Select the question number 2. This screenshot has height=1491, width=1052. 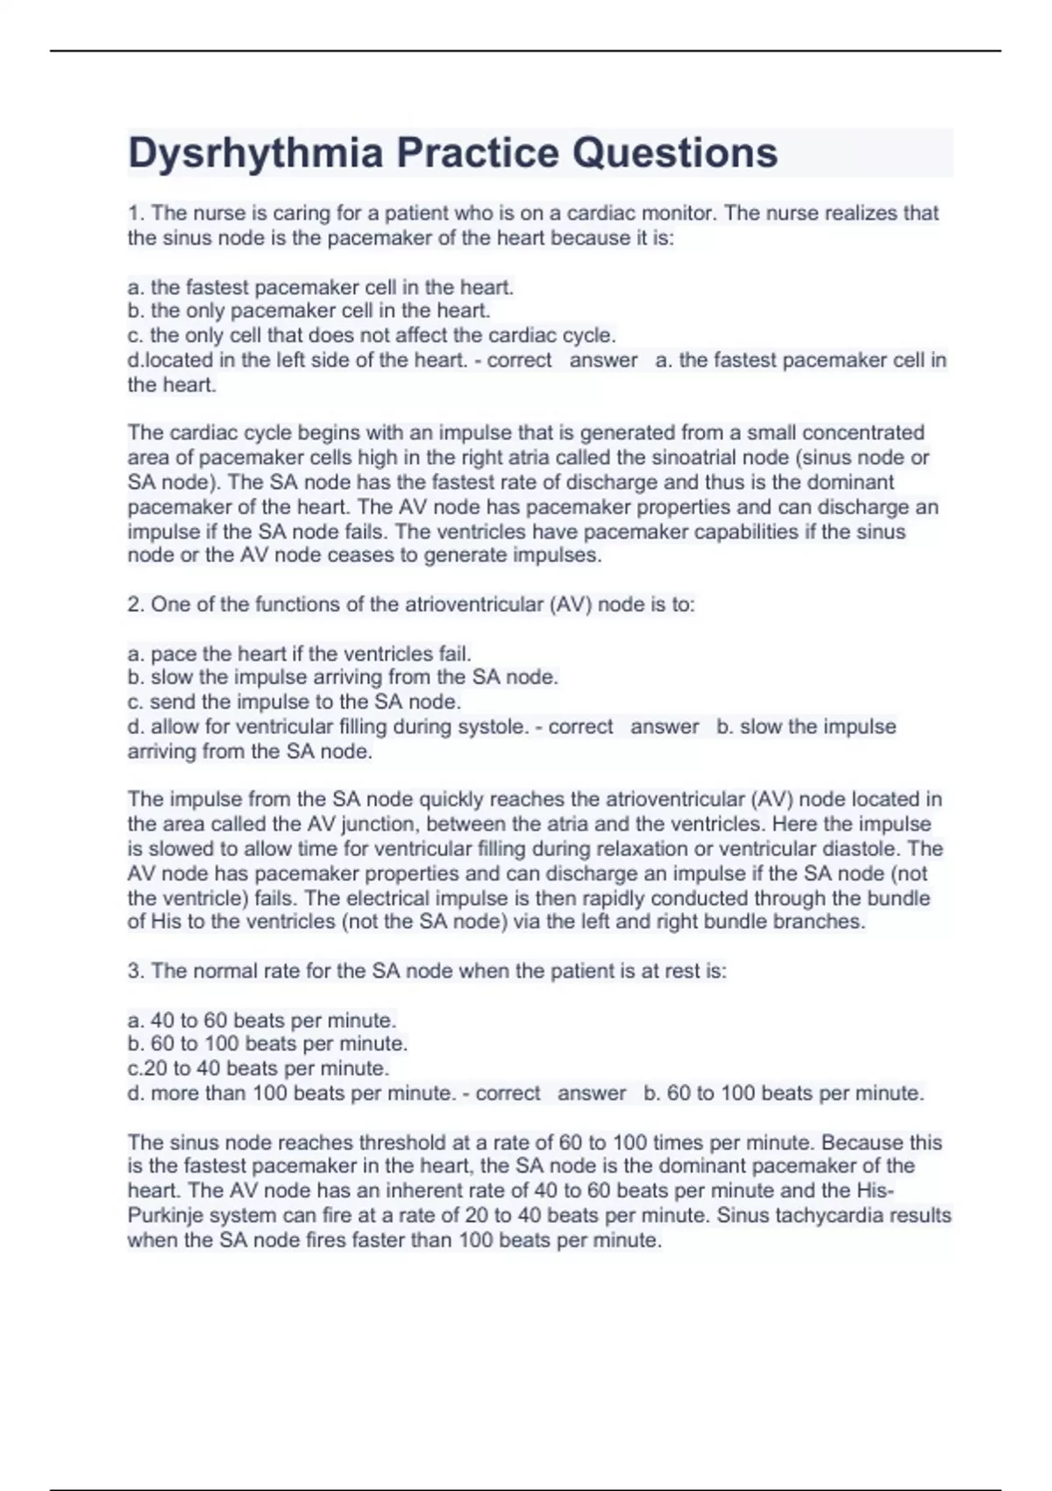point(134,604)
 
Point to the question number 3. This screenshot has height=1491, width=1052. point(134,971)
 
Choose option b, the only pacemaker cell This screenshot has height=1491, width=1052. point(309,310)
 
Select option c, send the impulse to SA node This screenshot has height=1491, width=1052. point(294,702)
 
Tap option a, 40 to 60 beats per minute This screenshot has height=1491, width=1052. point(262,1020)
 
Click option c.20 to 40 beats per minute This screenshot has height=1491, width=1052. point(258,1068)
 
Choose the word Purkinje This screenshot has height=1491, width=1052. point(169,1216)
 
